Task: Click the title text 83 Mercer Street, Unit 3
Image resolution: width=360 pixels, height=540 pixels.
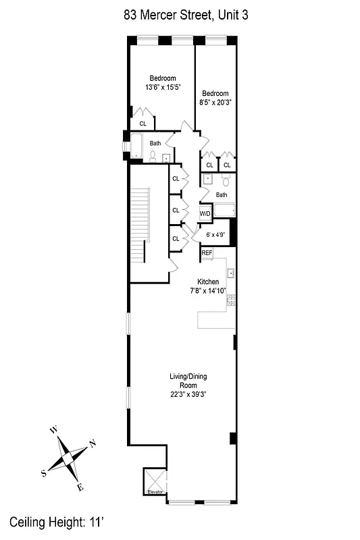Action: click(x=180, y=15)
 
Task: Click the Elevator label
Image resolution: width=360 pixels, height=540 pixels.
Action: click(x=156, y=492)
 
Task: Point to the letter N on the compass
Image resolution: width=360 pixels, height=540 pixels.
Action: click(x=93, y=443)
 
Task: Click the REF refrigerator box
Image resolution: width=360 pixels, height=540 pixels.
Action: click(x=207, y=253)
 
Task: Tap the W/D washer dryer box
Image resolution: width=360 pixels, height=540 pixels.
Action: click(x=205, y=213)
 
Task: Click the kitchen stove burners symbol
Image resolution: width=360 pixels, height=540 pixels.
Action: click(x=230, y=299)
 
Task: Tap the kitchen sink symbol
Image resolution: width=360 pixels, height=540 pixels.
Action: click(x=230, y=273)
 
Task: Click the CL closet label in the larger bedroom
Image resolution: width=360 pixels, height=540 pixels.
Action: click(x=143, y=124)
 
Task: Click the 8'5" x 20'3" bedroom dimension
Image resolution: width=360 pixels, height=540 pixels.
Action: click(x=214, y=103)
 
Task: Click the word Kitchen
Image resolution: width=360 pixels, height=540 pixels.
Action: click(x=207, y=281)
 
